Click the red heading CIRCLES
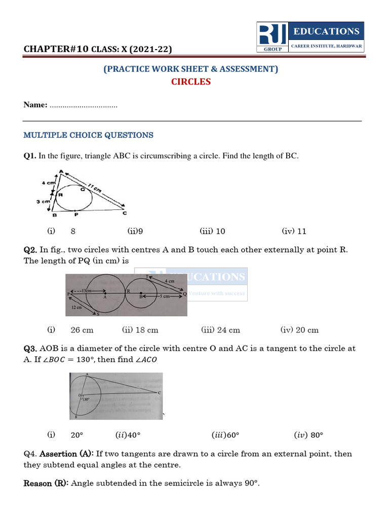point(191,82)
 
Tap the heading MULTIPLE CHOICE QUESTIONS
point(89,135)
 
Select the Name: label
point(35,105)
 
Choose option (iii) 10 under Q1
point(213,231)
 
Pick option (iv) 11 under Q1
point(294,231)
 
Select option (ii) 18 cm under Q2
point(140,330)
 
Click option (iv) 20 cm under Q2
point(299,330)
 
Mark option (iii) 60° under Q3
point(225,435)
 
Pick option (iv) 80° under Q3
point(308,435)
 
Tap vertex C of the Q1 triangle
point(125,213)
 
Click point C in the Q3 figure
point(160,393)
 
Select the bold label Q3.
point(30,349)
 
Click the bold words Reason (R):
point(47,483)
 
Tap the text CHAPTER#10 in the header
point(56,49)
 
